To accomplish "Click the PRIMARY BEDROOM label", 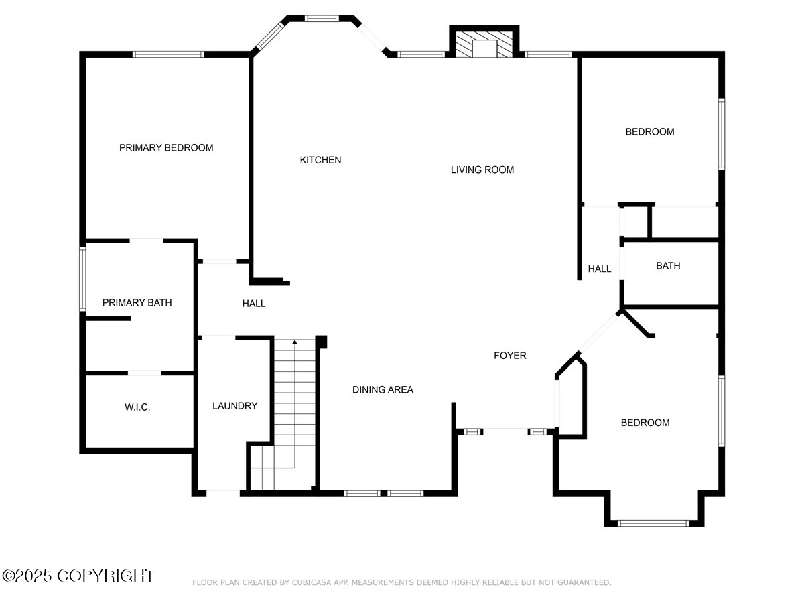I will (166, 147).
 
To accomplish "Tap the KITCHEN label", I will (320, 160).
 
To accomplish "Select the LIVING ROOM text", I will (482, 170).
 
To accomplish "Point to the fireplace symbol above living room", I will (483, 46).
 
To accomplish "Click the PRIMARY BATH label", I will (137, 303).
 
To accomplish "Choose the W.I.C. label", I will (137, 407).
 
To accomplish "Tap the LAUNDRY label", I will (234, 405).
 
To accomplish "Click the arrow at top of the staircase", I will (295, 342).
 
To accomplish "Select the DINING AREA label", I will (383, 389).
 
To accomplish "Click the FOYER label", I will (510, 356).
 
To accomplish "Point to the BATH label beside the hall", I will (668, 266).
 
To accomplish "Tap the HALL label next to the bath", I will (600, 269).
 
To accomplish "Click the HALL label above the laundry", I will (254, 304).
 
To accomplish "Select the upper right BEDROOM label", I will (649, 132).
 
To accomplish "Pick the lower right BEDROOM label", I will (645, 423).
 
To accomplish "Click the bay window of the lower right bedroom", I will (653, 523).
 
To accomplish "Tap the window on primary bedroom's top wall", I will (167, 54).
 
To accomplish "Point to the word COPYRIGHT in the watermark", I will (105, 575).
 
